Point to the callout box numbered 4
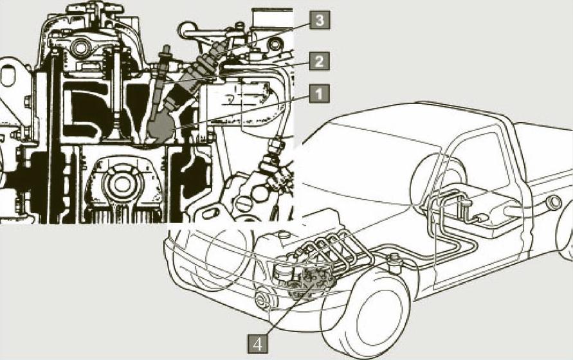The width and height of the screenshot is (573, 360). (258, 344)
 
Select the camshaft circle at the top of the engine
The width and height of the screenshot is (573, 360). (82, 46)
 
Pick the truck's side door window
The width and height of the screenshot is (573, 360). (476, 161)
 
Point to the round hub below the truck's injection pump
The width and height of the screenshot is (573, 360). (263, 300)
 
